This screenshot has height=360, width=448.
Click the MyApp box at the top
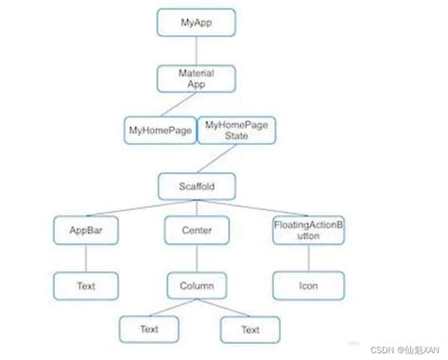pos(196,19)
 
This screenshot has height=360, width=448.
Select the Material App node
pos(196,77)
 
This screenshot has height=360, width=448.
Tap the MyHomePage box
pos(158,129)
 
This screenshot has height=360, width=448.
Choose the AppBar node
pos(85,230)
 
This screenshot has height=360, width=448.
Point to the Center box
pos(197,230)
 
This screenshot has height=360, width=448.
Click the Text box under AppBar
pos(85,283)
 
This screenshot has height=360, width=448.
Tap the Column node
pos(197,283)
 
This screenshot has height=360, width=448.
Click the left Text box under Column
pos(149,330)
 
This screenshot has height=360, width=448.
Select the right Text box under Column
pos(250,330)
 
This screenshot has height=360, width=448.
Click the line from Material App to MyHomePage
pos(175,103)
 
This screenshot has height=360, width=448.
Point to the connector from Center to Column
pos(197,257)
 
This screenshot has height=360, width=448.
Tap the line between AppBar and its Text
pos(85,257)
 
